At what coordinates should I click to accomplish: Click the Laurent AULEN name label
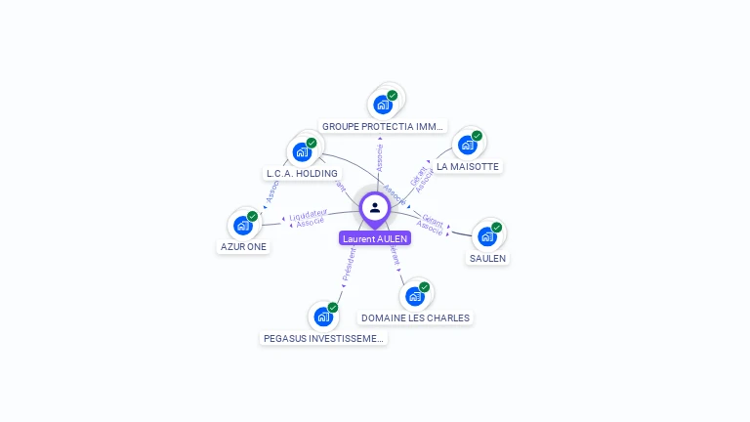click(x=375, y=238)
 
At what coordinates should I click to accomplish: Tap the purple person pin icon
click(x=375, y=208)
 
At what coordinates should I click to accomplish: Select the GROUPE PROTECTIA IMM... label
click(x=383, y=126)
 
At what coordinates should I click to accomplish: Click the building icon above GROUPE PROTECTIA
click(x=383, y=104)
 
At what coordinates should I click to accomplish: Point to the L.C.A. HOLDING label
click(x=302, y=173)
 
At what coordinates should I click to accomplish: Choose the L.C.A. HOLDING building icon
click(x=302, y=151)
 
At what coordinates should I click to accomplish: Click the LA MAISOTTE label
click(x=468, y=166)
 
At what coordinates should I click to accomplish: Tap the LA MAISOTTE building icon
click(x=468, y=145)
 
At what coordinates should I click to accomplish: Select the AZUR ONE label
click(x=243, y=246)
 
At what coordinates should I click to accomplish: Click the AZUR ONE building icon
click(x=243, y=225)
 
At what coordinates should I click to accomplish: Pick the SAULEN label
click(x=487, y=258)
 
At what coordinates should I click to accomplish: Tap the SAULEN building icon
click(x=487, y=235)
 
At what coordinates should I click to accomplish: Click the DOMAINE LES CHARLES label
click(x=415, y=317)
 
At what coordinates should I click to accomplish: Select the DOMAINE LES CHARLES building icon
click(x=415, y=295)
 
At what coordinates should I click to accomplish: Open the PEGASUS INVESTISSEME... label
click(x=323, y=338)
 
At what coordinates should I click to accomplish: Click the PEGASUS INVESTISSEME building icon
click(x=323, y=316)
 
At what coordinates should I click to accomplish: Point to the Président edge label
click(x=349, y=264)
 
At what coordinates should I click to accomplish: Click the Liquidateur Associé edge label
click(x=309, y=219)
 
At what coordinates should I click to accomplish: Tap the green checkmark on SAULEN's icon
click(x=496, y=228)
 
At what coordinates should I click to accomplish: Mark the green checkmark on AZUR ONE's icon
click(x=252, y=216)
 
